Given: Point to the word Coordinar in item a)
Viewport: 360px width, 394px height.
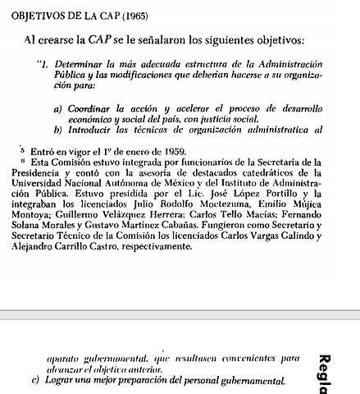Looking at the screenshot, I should pyautogui.click(x=90, y=109).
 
